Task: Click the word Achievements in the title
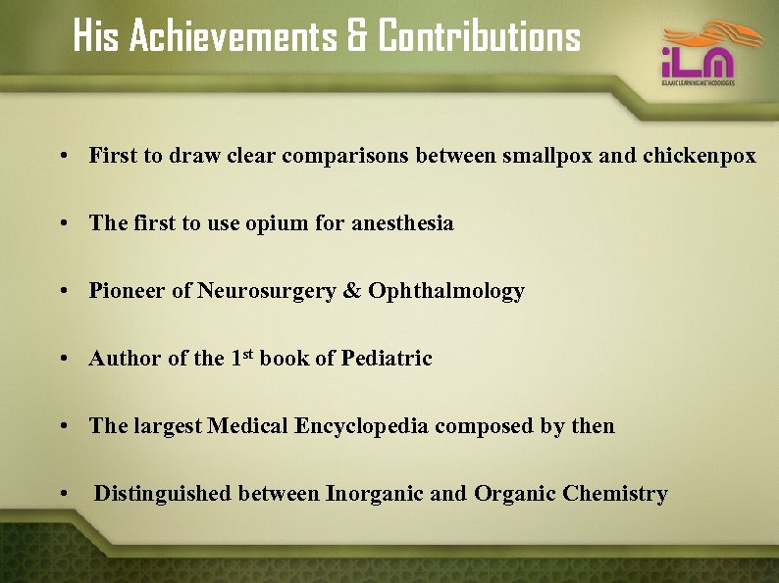click(232, 37)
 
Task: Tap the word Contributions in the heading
click(479, 37)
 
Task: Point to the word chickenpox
click(700, 156)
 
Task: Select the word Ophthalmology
click(446, 291)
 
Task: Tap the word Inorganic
click(374, 494)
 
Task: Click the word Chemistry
click(615, 494)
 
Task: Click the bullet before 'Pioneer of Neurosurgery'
click(63, 292)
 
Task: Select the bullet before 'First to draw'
click(63, 157)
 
